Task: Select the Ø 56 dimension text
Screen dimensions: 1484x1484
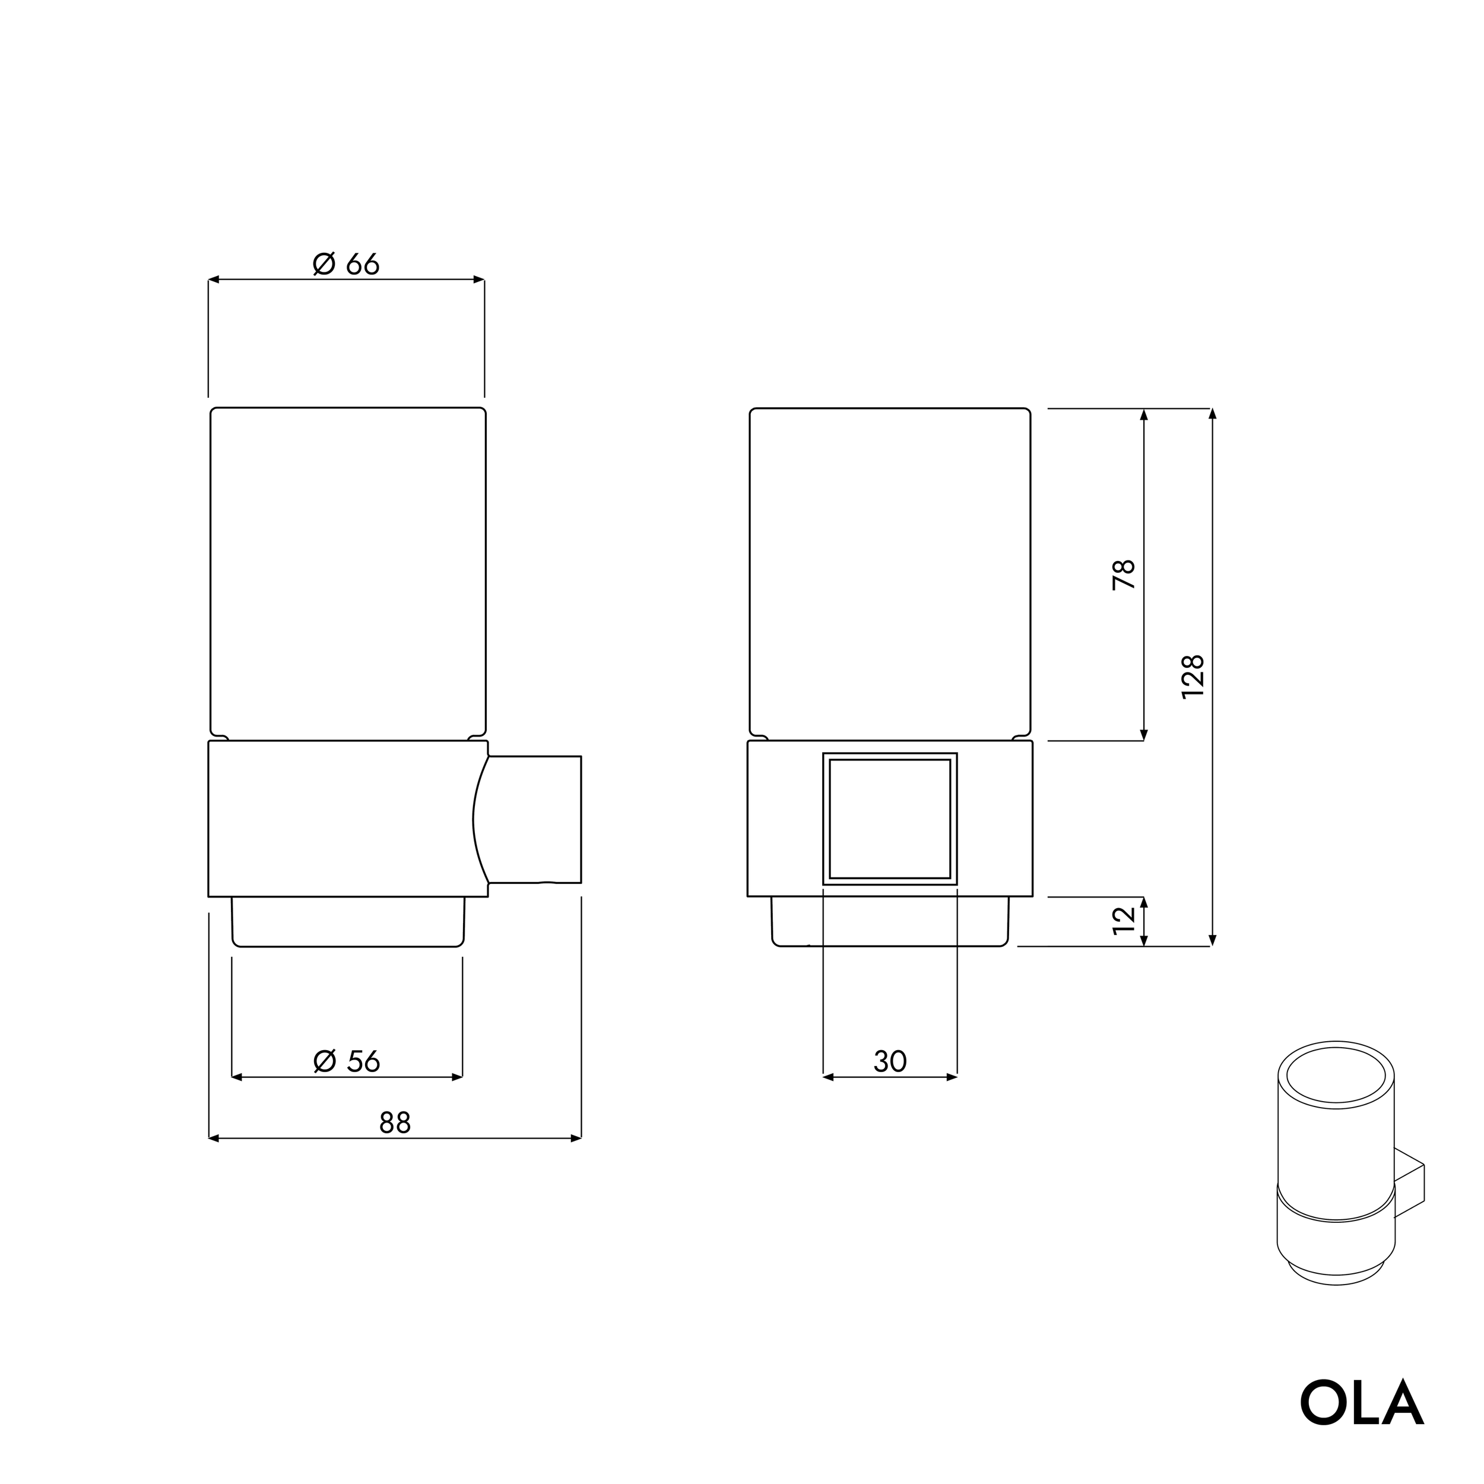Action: (347, 1061)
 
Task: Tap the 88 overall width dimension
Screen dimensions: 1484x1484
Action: (395, 1123)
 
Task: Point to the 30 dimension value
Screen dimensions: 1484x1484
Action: (890, 1061)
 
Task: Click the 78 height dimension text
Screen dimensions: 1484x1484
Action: (1124, 575)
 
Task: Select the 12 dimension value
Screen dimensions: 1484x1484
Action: (1124, 920)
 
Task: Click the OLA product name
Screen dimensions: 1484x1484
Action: (1361, 1403)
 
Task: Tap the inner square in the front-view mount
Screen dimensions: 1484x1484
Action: (890, 819)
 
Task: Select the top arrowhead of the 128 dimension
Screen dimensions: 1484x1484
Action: (1213, 414)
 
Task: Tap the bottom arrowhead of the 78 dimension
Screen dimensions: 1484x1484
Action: (1144, 735)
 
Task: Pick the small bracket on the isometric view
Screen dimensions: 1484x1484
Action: (1410, 1191)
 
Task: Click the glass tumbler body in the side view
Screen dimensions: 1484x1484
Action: (348, 572)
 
